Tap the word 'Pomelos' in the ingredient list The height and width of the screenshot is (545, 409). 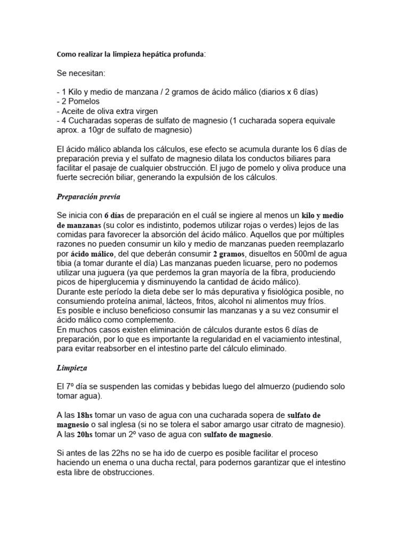83,101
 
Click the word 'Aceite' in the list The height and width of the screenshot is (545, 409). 72,111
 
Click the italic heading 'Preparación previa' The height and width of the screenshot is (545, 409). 88,197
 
